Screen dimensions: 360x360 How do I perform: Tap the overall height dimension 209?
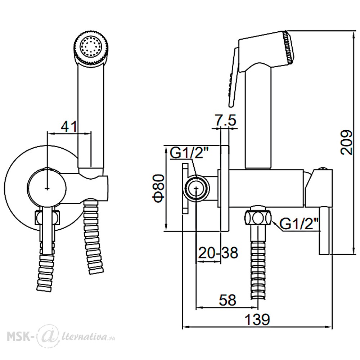tap(346, 143)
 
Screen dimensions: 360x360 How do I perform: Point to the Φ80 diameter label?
tap(159, 188)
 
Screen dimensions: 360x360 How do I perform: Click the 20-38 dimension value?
tap(218, 253)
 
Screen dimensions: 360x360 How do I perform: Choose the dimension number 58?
tap(228, 300)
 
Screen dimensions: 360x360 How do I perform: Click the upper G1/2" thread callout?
tap(187, 153)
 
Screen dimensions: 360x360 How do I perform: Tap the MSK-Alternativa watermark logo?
tap(61, 337)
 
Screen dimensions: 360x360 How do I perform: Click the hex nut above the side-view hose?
tap(258, 216)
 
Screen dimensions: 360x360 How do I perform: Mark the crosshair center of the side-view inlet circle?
tap(196, 188)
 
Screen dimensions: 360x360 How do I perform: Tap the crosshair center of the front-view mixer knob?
tap(47, 188)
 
